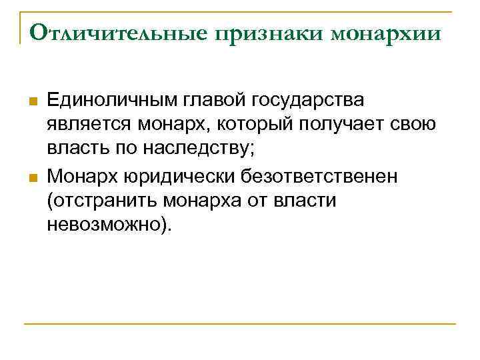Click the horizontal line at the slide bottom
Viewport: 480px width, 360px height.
coord(239,324)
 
